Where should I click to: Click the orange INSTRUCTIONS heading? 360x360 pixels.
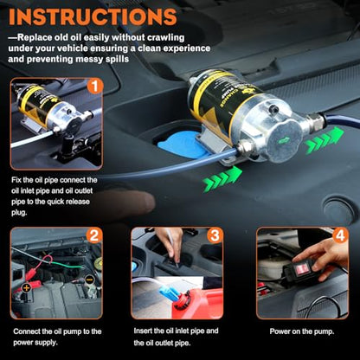coord(93,16)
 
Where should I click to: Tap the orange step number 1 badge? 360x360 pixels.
coord(95,86)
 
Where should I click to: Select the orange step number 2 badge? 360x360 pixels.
coord(94,235)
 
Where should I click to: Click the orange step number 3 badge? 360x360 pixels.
coord(215,235)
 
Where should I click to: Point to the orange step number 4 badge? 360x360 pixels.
coord(341,235)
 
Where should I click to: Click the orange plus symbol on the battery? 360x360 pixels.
coord(27,287)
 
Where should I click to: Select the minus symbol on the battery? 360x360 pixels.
coord(89,279)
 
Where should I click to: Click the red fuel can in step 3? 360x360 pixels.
coord(198,303)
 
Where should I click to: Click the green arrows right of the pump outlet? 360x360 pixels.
coord(325,138)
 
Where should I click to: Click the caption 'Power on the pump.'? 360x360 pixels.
coord(302,331)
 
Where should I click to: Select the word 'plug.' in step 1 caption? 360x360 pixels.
coord(19,213)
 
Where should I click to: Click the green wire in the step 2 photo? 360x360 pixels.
coord(68,264)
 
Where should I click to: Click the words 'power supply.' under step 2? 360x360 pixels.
coord(35,343)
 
